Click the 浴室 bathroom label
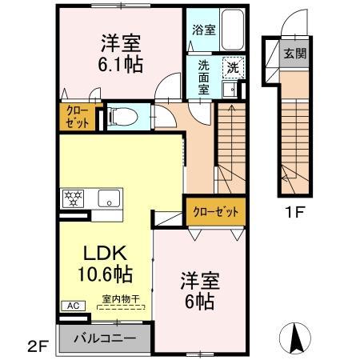[204, 30]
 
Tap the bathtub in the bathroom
[232, 30]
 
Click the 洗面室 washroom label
[204, 78]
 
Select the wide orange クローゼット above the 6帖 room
[215, 211]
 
